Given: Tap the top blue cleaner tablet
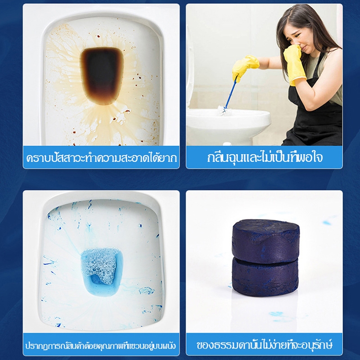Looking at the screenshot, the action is pos(266,239).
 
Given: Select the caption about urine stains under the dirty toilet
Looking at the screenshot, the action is pos(101,158).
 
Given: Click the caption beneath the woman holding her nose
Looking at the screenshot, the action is pos(265,157).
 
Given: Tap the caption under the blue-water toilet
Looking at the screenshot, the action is pos(101,345).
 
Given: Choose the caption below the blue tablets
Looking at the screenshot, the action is pos(265,345).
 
